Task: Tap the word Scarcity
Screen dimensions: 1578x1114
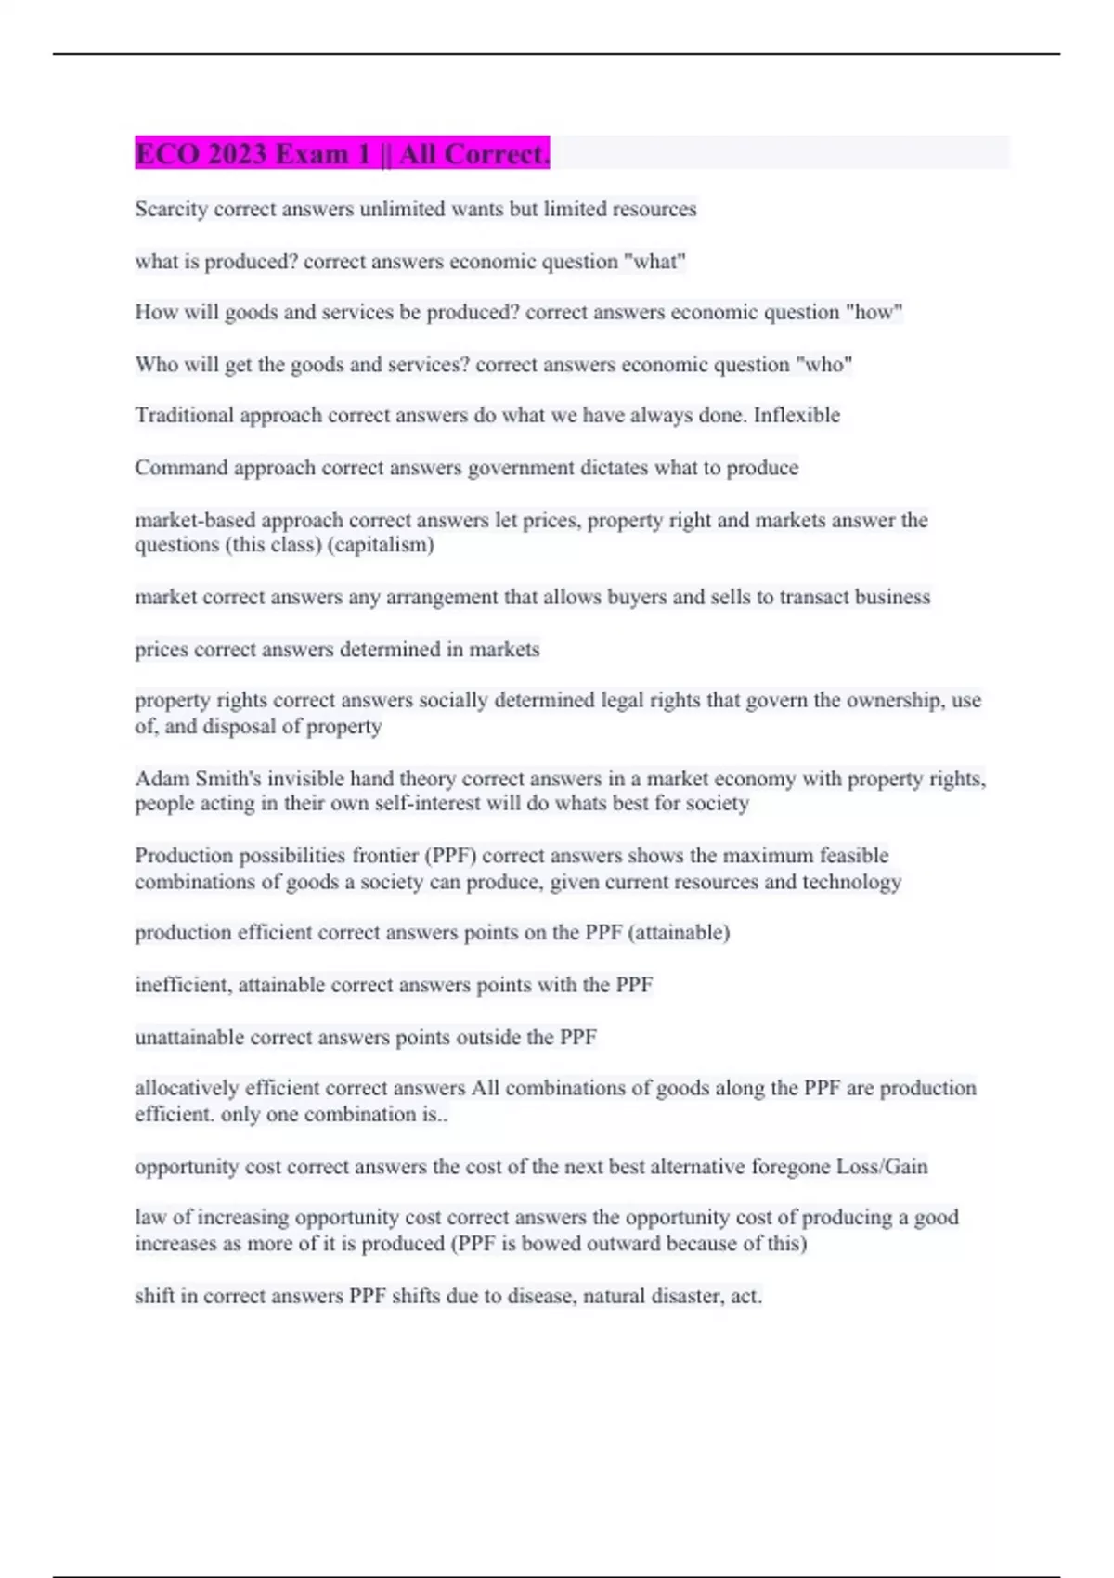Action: (x=172, y=209)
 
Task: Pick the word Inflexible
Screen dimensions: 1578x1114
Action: (x=797, y=415)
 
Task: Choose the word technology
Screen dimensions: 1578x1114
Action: (x=851, y=882)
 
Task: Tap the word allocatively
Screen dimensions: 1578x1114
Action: (x=187, y=1088)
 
